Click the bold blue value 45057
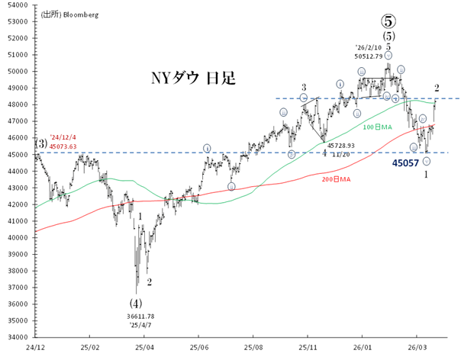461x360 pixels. (407, 162)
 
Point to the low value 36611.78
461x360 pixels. (140, 316)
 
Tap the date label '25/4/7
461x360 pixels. (140, 325)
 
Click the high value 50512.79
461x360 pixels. (373, 56)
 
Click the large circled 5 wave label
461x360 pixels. (388, 18)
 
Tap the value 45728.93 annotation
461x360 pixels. (340, 145)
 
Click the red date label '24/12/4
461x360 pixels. (64, 138)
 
